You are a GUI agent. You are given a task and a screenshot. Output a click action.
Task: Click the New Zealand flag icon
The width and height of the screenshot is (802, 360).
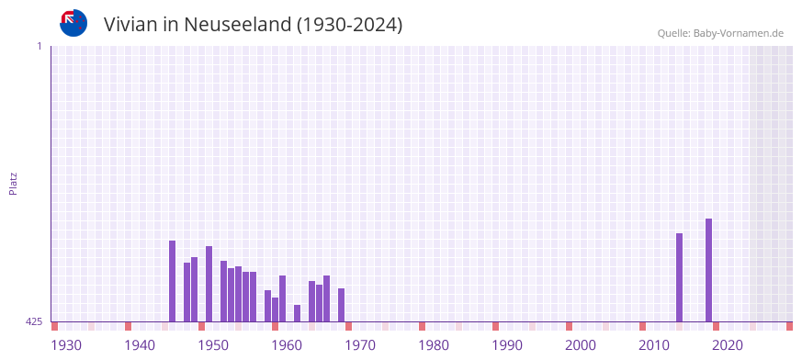pos(73,23)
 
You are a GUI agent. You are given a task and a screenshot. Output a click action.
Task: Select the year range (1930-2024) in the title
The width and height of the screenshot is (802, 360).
pos(349,24)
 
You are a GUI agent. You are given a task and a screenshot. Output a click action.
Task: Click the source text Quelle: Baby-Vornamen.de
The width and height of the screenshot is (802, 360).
pos(720,33)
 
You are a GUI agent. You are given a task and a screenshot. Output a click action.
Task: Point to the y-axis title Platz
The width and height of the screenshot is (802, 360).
pos(13,183)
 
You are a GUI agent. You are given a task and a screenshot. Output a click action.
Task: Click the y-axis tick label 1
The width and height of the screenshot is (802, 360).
pos(39,46)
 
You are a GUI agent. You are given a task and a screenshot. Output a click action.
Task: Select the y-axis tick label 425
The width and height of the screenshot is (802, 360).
pos(34,321)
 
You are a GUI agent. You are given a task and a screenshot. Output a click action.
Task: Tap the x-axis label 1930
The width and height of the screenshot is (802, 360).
pos(66,345)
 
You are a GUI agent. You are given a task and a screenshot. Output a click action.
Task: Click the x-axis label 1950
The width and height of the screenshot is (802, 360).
pos(213,345)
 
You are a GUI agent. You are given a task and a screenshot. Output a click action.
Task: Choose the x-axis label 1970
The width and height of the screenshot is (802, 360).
pos(360,345)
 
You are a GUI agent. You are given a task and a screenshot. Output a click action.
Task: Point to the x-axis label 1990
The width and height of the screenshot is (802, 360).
pos(507,345)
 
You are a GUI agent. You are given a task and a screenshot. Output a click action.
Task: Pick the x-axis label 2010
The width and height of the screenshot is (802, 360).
pos(654,345)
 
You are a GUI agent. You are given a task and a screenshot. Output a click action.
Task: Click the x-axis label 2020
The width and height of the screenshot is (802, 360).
pos(728,345)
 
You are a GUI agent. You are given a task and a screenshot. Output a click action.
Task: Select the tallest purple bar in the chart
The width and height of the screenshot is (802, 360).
pos(708,270)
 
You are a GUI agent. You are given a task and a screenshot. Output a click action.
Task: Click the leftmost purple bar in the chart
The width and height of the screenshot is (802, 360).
pos(172,281)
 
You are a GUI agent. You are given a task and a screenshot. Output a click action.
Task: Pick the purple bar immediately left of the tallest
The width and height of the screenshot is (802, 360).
pos(679,277)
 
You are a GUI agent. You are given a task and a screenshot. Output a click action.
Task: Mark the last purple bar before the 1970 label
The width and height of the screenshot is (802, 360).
pos(341,305)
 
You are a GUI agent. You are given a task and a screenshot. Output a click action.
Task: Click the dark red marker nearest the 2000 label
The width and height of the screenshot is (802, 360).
pos(569,326)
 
